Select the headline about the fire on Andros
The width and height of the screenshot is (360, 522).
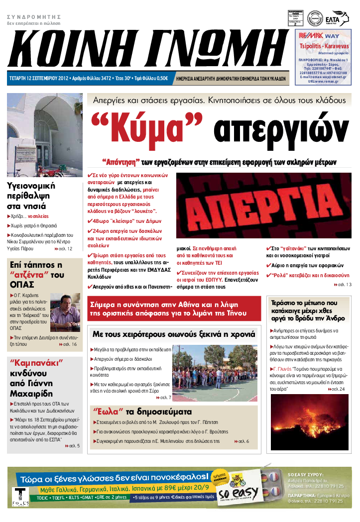(x=304, y=311)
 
